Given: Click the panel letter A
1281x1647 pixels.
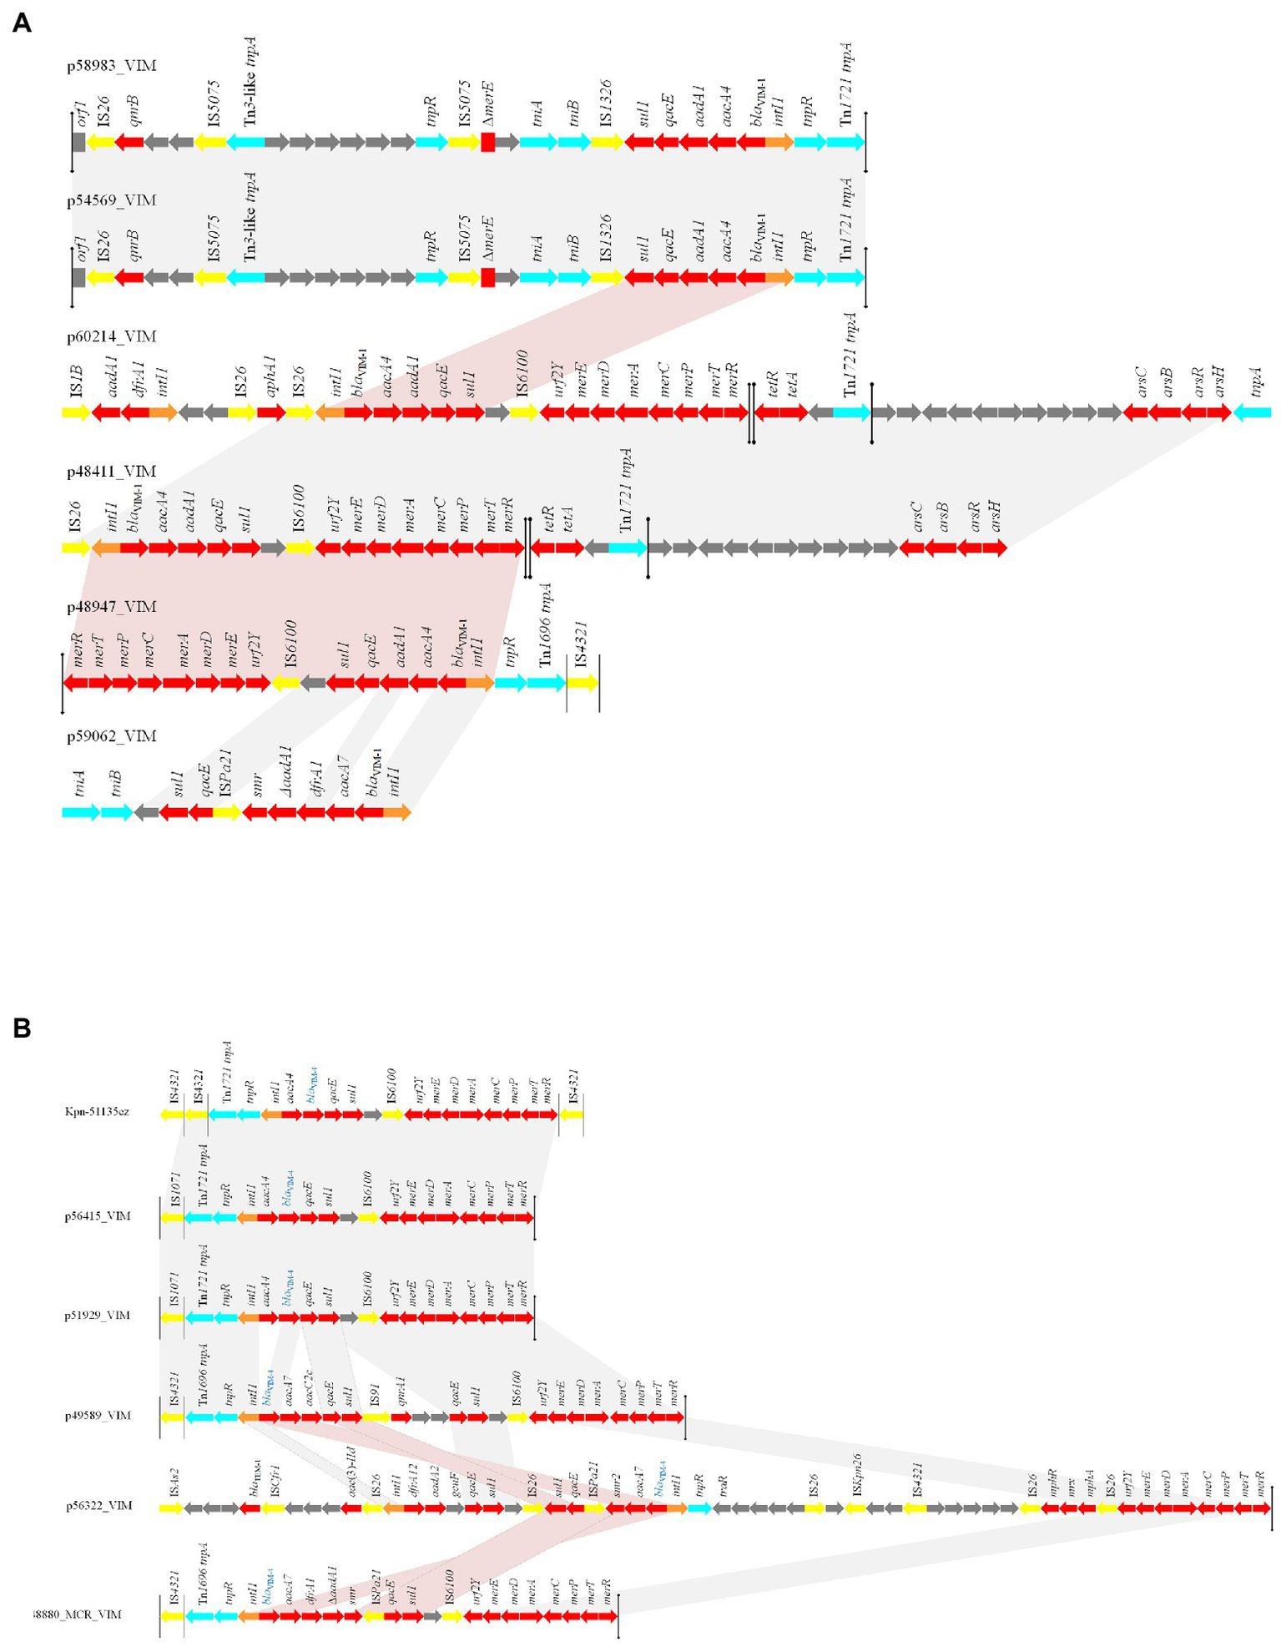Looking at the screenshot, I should (x=22, y=23).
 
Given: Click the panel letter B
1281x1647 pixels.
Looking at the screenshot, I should (x=22, y=1028).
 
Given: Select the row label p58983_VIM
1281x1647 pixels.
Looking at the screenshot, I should (x=111, y=65).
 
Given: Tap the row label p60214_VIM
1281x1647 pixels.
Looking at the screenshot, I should (x=111, y=336).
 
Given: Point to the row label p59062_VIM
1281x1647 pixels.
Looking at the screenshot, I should (x=111, y=736).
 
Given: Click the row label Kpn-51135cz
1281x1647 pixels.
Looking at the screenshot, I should (x=97, y=1112).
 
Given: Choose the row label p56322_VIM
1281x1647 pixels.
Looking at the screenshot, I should (x=99, y=1507).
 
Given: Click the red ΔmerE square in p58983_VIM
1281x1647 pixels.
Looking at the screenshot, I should (x=488, y=143).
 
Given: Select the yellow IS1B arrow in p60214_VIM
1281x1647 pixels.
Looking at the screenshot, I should (x=76, y=412).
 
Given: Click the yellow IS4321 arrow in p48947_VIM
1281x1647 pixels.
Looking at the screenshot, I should (x=583, y=684).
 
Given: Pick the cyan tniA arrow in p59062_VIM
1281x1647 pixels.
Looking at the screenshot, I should (x=81, y=812).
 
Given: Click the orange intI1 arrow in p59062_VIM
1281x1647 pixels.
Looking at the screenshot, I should (x=397, y=812).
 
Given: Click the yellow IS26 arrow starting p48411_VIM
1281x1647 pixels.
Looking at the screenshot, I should (x=76, y=548).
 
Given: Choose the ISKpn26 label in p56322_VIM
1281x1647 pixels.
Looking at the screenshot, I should (x=857, y=1477).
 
